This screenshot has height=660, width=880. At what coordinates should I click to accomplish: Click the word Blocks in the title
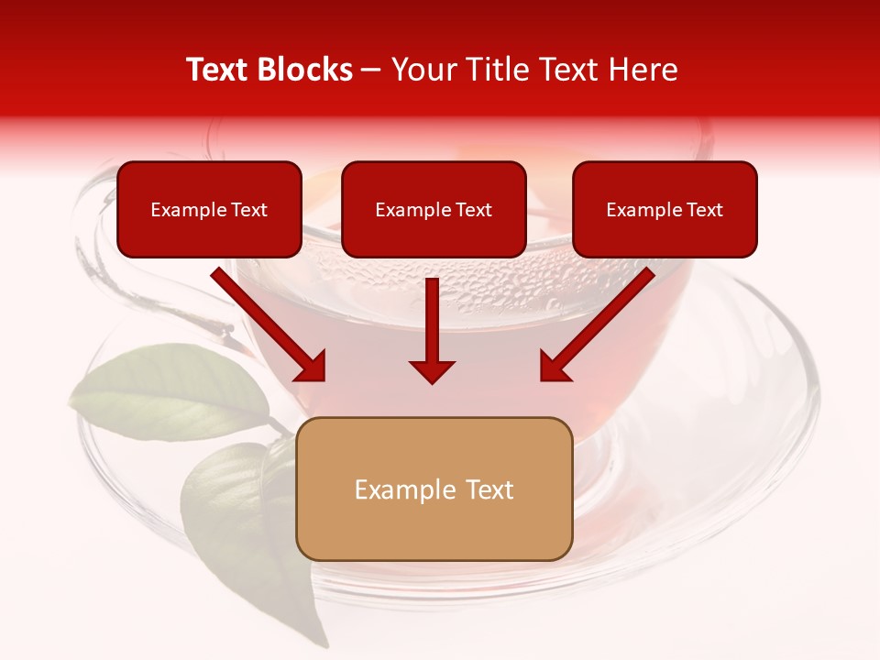tap(305, 70)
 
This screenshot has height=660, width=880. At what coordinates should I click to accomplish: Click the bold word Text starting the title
tap(220, 70)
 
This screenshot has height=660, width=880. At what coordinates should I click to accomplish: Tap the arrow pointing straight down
tap(432, 330)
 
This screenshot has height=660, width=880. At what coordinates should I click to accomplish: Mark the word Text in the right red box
tap(704, 210)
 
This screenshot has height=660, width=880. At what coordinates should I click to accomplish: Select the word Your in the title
tap(421, 70)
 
